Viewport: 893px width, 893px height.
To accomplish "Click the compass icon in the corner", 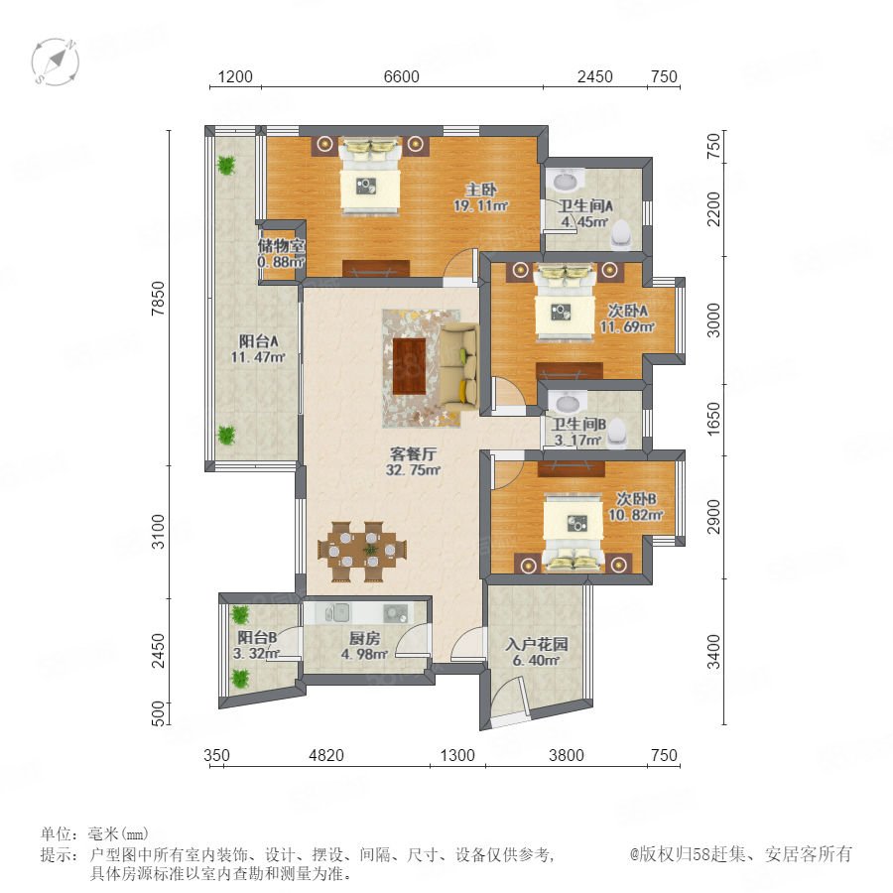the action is click(56, 62).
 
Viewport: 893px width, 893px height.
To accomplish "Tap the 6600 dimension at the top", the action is click(402, 76).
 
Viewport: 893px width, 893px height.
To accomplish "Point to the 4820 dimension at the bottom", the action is click(326, 755).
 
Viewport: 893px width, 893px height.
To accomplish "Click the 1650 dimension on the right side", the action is click(713, 419).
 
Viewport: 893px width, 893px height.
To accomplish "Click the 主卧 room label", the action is click(480, 190).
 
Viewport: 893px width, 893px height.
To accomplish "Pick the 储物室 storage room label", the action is click(282, 246).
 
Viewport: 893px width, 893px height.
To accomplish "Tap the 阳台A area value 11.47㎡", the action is click(258, 357).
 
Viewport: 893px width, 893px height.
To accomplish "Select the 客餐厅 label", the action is click(414, 453).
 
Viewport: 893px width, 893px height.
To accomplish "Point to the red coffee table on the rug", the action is click(410, 366).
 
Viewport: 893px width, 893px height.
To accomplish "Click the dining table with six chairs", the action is click(362, 552).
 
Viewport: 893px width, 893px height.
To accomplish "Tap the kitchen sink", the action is click(337, 613).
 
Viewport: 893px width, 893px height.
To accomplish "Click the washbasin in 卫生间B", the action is click(568, 403).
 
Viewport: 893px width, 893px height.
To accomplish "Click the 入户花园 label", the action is click(537, 645).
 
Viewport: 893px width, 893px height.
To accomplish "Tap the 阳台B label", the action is click(257, 637).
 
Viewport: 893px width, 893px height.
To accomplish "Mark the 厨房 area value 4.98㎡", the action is click(364, 655).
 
